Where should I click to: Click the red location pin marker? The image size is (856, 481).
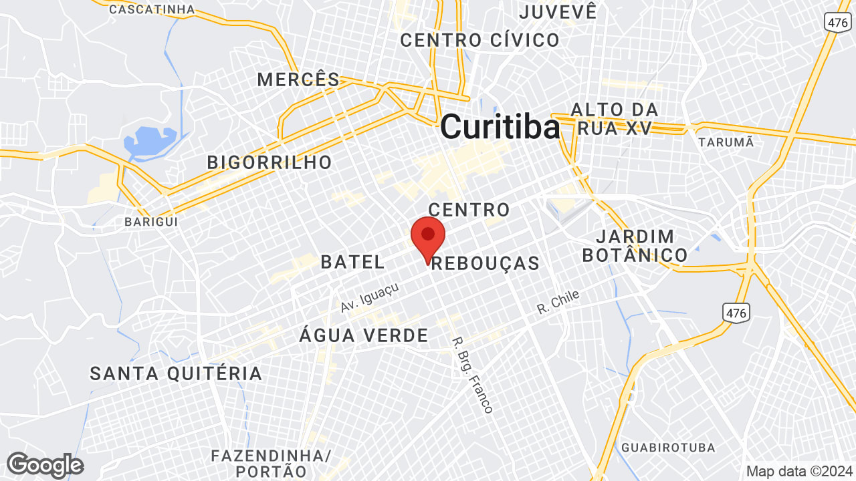(x=428, y=236)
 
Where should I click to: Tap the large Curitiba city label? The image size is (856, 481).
(x=500, y=126)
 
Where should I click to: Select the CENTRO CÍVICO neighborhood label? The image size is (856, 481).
(x=479, y=40)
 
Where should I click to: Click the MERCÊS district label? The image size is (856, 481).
(x=299, y=80)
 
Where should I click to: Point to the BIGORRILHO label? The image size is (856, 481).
(x=270, y=162)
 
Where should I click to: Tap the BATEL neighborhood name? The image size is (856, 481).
(x=352, y=262)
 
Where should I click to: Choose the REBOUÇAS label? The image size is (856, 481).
(x=486, y=263)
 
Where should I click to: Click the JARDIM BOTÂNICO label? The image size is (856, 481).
(x=635, y=245)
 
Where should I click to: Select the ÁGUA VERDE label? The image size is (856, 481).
(x=363, y=335)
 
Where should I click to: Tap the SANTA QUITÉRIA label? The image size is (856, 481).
(x=176, y=373)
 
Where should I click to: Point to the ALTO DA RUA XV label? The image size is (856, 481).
(x=614, y=119)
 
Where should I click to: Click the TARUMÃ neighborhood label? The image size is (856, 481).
(x=726, y=142)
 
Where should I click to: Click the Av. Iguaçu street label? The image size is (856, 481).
(x=370, y=297)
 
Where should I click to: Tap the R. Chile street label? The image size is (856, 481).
(x=558, y=303)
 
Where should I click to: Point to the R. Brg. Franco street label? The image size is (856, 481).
(x=473, y=373)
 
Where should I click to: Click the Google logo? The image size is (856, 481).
(x=45, y=465)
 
